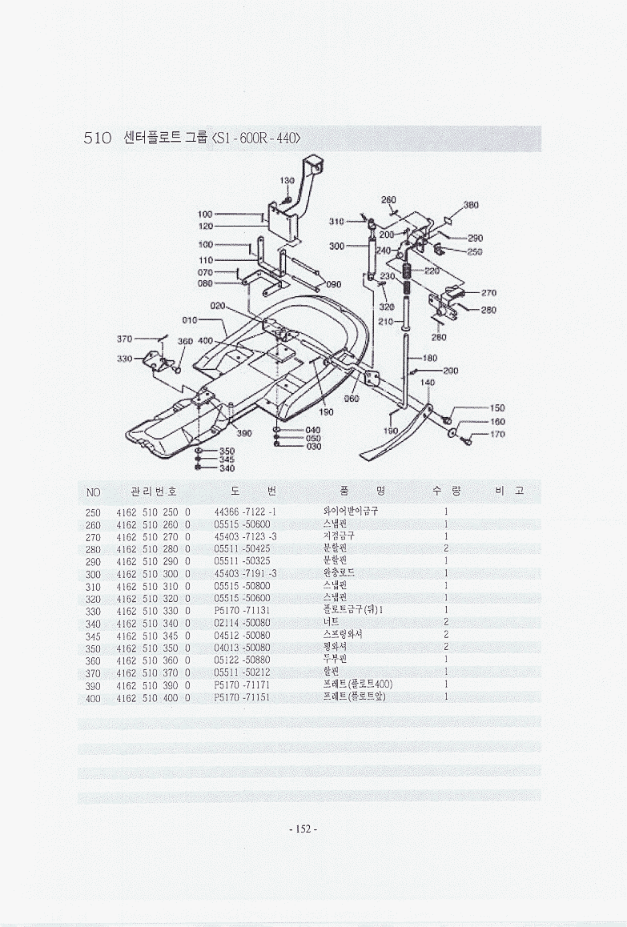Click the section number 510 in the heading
click(x=97, y=138)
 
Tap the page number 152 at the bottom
click(x=303, y=829)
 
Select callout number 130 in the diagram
click(x=287, y=181)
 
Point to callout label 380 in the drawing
click(x=472, y=205)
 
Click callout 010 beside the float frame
click(x=190, y=320)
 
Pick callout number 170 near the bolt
click(x=497, y=435)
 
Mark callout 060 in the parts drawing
click(x=351, y=398)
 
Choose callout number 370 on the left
click(x=124, y=339)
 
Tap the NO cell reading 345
click(x=92, y=635)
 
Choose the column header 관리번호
click(x=152, y=491)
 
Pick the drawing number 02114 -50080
click(x=243, y=622)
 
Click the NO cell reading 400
click(x=92, y=697)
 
